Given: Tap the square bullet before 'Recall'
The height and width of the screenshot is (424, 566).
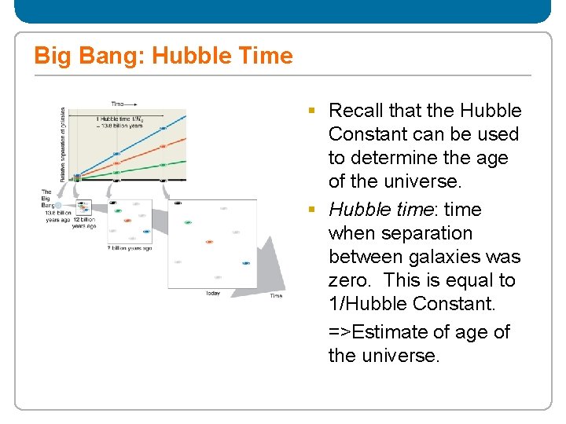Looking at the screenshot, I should click(x=314, y=111).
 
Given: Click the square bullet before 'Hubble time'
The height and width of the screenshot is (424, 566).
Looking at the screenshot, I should click(x=314, y=210).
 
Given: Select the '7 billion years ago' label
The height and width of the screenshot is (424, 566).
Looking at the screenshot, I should click(x=129, y=247).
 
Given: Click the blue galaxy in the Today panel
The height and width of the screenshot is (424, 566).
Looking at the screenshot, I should click(x=246, y=263).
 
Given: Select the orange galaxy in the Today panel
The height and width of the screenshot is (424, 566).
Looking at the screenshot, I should click(x=209, y=241).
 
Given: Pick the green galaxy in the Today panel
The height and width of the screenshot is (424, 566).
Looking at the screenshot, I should click(x=188, y=222).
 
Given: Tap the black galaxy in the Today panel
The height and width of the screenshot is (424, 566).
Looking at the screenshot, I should click(x=178, y=203).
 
